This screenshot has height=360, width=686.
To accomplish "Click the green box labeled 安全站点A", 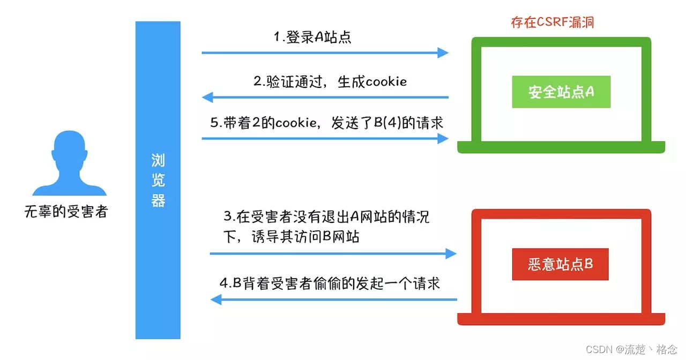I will coord(561,92).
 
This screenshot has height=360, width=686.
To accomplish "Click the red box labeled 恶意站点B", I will coord(560,264).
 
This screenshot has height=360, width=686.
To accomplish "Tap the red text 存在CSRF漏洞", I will coord(553,22).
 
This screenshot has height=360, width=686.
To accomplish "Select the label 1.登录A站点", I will coord(312,37).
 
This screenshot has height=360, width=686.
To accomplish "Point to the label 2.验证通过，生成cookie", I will coord(330,81).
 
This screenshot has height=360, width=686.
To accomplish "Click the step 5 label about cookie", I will coord(327,123).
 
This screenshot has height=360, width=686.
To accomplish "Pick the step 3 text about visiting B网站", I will coord(326,227).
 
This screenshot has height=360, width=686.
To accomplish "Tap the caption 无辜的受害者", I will coord(66,212).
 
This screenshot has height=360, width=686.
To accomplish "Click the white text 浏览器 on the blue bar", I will coord(158,180).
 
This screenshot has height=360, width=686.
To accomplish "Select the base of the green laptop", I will coord(561,147).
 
